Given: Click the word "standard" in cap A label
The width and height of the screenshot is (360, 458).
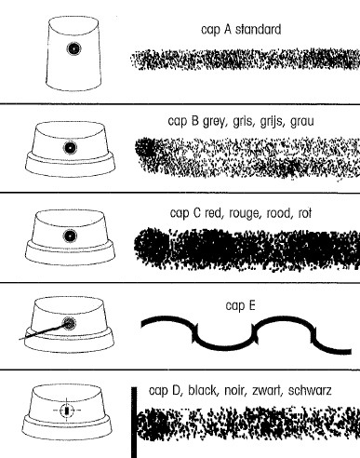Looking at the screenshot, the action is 259,30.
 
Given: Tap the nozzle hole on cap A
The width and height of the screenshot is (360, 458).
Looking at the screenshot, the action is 73,48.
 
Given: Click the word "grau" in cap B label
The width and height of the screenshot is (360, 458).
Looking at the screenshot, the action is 302,121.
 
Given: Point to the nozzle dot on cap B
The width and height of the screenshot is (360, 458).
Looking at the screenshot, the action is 70,148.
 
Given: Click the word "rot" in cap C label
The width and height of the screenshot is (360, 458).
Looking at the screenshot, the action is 305,213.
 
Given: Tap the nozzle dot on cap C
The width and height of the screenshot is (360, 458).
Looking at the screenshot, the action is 70,236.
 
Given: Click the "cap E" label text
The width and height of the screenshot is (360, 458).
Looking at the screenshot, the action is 240,305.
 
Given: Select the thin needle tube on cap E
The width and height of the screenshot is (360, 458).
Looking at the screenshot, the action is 42,332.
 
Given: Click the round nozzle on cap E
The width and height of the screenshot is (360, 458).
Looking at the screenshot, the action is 69,323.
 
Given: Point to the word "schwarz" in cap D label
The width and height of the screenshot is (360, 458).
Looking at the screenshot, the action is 310,390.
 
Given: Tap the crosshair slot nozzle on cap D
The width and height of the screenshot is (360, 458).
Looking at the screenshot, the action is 67,411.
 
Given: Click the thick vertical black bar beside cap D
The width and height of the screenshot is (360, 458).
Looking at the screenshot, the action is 134,423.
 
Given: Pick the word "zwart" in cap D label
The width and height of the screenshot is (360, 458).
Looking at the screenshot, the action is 267,390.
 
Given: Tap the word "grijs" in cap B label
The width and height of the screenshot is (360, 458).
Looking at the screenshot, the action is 272,121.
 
